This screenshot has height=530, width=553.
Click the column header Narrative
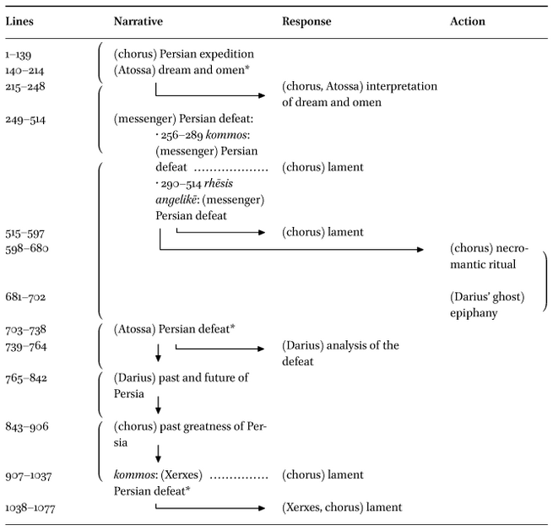138,21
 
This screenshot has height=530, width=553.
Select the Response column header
306,21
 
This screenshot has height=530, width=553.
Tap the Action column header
467,21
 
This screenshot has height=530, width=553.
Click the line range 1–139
19,55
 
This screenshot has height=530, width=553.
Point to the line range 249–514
25,120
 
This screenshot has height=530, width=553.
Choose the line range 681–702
25,297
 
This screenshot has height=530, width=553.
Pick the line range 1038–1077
30,508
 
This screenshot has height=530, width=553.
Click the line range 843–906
27,427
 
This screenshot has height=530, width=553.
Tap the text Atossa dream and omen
182,70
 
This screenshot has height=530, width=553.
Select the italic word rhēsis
219,183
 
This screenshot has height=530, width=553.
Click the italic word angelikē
176,200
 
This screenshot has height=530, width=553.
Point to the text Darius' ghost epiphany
487,305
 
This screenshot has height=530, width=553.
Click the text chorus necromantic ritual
489,256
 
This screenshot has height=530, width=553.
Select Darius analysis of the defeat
340,354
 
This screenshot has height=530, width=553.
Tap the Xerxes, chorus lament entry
342,507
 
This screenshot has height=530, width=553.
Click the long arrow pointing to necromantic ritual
291,250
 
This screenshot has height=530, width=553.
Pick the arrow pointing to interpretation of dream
210,95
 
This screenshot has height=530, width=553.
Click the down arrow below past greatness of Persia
158,453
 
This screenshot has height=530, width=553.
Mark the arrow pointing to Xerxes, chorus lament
210,508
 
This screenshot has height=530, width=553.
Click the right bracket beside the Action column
546,281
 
